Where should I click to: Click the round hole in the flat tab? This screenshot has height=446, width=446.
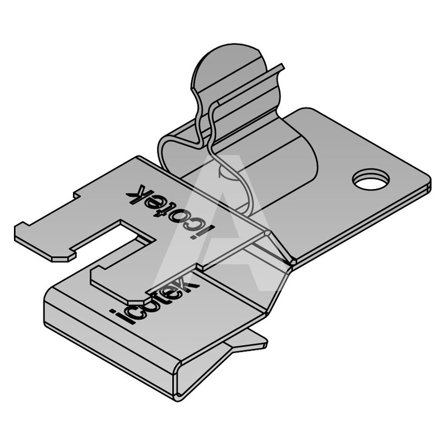click(371, 180)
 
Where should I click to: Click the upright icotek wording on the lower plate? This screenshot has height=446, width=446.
click(155, 301)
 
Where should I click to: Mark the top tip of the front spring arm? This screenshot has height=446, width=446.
click(282, 66)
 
